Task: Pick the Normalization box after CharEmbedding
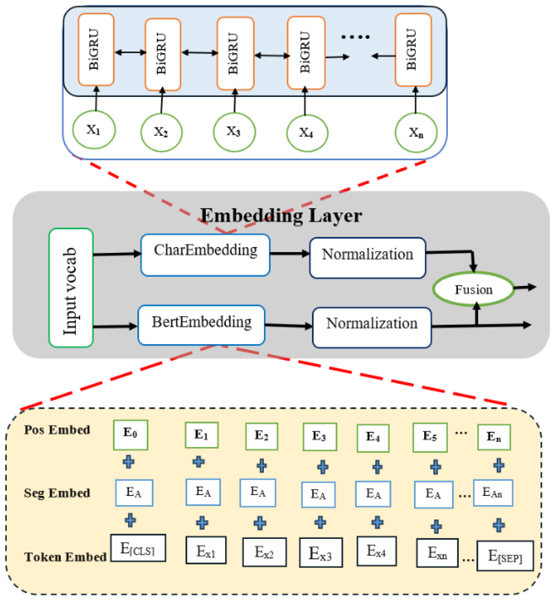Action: point(368,258)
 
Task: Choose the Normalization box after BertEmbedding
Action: point(372,327)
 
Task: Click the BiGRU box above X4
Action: point(306,53)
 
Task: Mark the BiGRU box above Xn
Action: point(413,50)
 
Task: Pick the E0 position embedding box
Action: point(130,435)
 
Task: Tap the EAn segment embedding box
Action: point(493,493)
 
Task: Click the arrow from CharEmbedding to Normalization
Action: point(289,254)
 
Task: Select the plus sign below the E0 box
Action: point(129,462)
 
